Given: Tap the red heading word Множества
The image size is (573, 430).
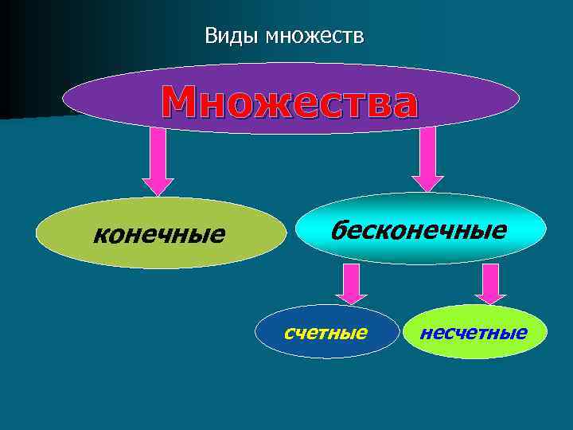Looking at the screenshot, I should [x=289, y=101].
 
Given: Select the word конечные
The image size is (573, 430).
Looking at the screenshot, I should [x=159, y=235].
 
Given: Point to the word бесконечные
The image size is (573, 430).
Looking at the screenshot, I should [x=419, y=230].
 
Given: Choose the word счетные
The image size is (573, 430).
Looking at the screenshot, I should [x=326, y=331].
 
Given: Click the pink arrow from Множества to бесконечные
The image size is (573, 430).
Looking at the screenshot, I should [x=428, y=159].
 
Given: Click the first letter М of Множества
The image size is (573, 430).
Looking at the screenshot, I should [x=179, y=101].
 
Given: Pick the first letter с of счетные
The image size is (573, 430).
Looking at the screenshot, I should [x=288, y=332].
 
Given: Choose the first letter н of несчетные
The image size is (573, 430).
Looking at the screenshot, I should [x=424, y=332].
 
